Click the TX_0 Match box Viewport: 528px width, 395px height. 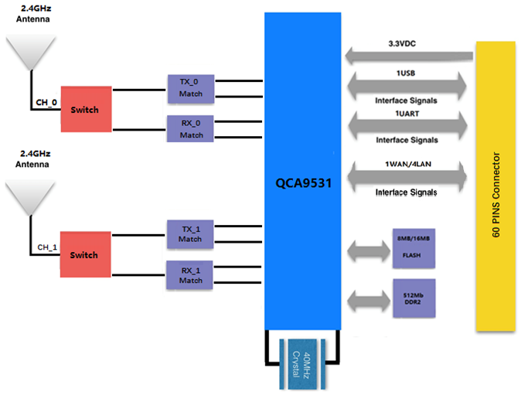click(x=191, y=87)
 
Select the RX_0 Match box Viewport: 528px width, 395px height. click(x=191, y=128)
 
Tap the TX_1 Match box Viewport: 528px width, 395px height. click(x=191, y=233)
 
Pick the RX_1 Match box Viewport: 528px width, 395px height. click(x=191, y=274)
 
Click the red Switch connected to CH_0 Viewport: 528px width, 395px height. click(x=84, y=109)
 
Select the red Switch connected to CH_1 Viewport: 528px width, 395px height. click(x=84, y=254)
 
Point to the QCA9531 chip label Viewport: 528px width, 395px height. click(x=302, y=185)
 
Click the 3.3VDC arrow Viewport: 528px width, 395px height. click(x=409, y=56)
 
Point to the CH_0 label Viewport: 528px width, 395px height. click(x=46, y=101)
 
